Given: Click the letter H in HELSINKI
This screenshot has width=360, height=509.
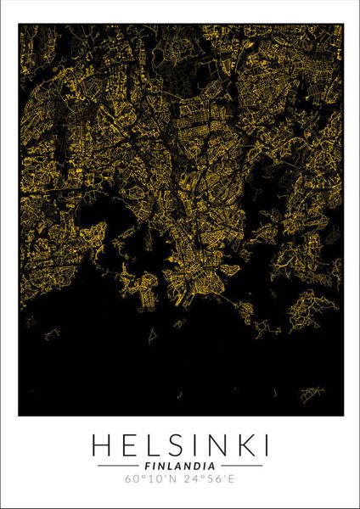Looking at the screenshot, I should click(98, 444).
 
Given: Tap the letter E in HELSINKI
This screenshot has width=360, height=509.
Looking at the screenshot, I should click(127, 444).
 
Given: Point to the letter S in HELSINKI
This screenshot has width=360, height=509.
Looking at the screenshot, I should click(175, 444).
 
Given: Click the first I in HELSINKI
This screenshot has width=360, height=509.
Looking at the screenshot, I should click(193, 444).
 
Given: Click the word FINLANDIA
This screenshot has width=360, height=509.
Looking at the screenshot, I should click(180, 466).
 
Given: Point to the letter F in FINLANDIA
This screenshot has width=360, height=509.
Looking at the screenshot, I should click(147, 466).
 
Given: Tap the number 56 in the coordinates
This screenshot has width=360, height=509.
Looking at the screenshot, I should click(218, 481).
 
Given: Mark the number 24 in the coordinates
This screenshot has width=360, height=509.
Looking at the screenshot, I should click(191, 481).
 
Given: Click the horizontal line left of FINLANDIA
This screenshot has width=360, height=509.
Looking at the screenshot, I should click(118, 466).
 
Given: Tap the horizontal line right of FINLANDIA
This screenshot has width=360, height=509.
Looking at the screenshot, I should click(242, 466).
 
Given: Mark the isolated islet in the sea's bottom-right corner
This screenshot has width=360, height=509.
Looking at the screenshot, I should click(312, 392).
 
